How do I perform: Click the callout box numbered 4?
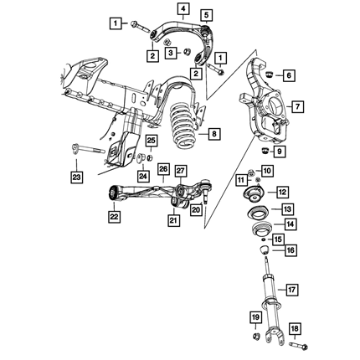point(183,8)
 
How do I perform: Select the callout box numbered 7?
point(298,106)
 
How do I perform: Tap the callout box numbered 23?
point(77,177)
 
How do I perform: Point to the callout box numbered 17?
point(291,290)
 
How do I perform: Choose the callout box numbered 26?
point(163,169)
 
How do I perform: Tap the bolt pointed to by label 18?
point(298,346)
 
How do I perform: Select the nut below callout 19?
point(255,336)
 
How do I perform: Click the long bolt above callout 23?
point(88,149)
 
